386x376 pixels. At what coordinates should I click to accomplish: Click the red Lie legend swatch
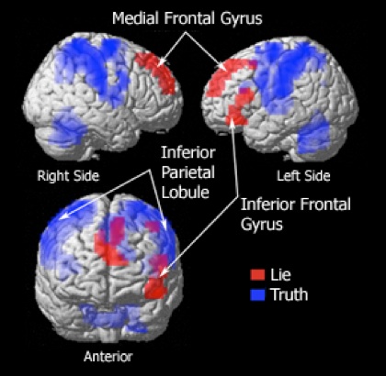257,274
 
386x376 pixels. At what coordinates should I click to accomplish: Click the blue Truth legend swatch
257,294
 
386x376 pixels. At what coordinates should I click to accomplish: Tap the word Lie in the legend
280,274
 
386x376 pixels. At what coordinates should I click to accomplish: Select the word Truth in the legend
289,294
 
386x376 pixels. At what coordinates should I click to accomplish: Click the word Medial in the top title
136,18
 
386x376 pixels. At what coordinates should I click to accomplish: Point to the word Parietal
188,172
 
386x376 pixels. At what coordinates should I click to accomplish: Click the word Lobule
186,192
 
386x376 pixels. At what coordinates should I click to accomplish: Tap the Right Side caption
68,176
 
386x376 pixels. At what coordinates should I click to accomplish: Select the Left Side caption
303,176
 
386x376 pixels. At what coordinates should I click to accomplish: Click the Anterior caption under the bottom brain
108,357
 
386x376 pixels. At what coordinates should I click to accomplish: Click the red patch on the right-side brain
156,72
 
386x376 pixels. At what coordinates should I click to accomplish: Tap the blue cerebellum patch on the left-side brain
313,133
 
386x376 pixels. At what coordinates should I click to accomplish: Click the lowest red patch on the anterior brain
155,288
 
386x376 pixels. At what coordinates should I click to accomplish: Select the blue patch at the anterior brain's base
112,318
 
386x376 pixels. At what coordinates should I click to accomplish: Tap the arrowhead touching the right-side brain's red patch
162,62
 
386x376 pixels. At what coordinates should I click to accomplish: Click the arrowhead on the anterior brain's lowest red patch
164,272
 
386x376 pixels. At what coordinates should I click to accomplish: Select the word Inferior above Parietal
188,152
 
